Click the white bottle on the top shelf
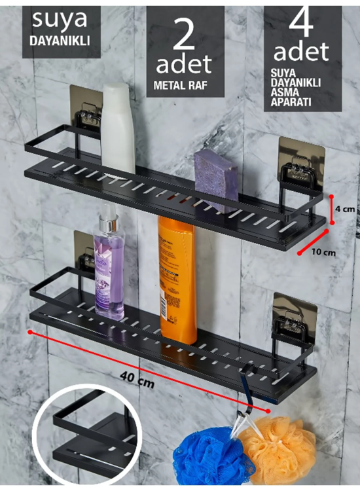[x=118, y=128]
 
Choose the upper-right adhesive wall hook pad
[x=302, y=159]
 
